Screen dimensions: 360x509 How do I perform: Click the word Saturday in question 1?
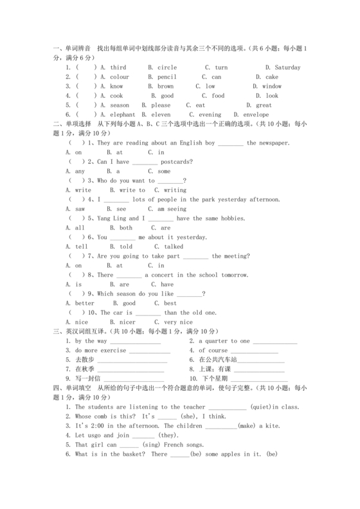pos(287,67)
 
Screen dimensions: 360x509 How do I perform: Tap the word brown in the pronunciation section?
pos(165,86)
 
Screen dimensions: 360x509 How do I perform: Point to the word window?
pos(272,86)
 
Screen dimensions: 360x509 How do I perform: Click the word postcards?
pos(170,163)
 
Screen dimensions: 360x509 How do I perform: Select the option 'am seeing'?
pos(167,210)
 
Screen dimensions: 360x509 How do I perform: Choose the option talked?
pos(174,247)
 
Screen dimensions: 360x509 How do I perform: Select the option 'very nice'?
pos(178,322)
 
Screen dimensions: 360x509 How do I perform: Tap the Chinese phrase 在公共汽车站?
pos(219,360)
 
